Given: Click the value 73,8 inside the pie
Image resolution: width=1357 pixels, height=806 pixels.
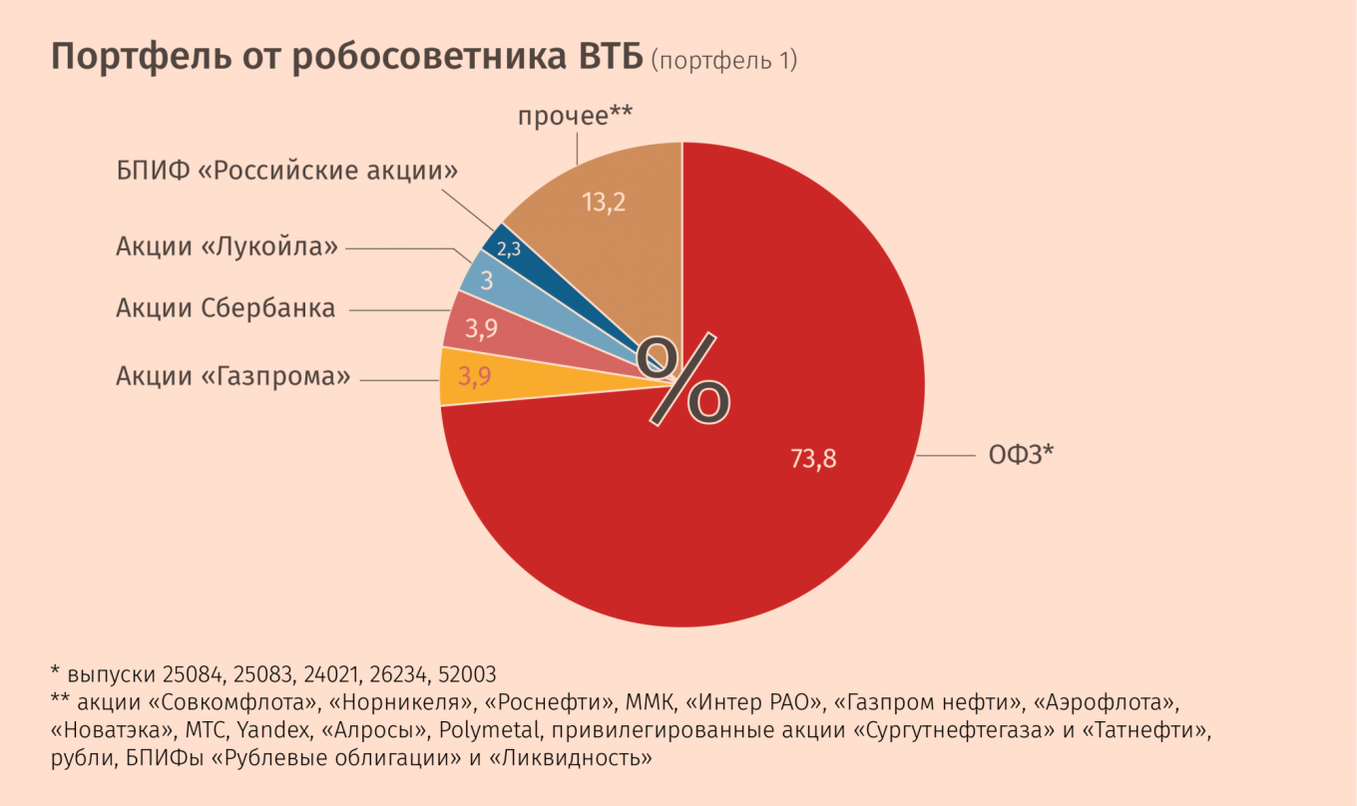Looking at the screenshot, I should [813, 460].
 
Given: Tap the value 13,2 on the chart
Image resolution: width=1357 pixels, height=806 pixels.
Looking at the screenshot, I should [604, 202].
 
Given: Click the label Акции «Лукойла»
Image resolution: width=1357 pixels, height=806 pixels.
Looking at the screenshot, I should [227, 246].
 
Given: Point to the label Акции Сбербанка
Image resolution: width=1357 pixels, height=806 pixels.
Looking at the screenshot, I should [226, 308].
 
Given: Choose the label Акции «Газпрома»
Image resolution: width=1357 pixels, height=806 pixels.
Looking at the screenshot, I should [233, 376].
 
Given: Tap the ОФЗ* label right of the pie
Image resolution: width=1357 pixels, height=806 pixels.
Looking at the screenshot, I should [1022, 455].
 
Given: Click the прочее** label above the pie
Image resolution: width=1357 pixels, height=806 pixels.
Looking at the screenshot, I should [575, 117].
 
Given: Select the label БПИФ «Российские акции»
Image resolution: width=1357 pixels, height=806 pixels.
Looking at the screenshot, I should [287, 171].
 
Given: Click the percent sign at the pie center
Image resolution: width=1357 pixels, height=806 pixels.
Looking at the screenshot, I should [684, 378].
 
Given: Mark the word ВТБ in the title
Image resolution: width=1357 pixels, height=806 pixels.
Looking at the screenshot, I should [608, 58].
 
